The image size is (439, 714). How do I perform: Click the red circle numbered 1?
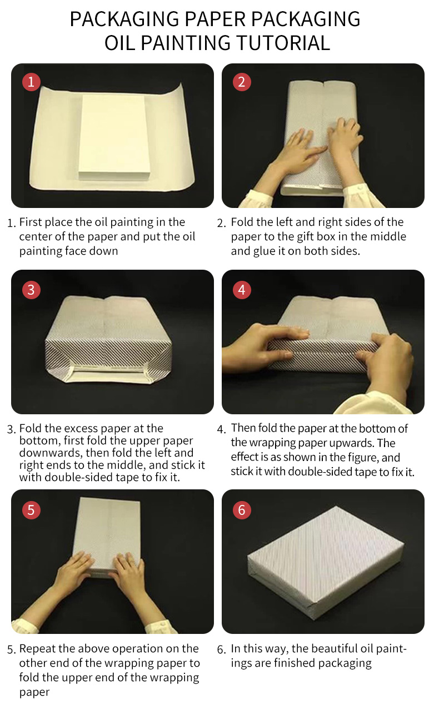31,82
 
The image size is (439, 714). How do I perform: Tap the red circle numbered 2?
242,82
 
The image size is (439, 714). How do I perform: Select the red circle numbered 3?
31,290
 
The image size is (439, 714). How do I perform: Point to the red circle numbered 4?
242,290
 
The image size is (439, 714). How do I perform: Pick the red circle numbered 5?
31,510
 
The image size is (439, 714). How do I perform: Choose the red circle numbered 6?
242,510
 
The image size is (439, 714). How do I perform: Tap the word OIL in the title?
120,43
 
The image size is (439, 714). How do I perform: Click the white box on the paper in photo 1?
115,137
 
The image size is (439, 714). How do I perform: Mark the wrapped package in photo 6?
326,563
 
